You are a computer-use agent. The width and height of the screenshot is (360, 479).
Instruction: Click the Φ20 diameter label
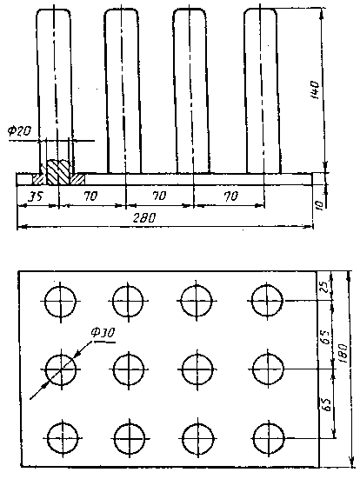tap(19, 131)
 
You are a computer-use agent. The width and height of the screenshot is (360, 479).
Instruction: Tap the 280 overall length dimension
tap(144, 218)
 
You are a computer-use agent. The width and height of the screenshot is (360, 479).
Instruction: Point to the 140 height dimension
tap(315, 90)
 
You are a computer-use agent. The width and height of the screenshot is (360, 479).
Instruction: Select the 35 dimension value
tap(37, 196)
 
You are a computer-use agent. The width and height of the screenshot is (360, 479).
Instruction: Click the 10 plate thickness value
tap(318, 205)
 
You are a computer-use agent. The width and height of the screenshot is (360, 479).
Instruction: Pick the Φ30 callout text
tap(103, 333)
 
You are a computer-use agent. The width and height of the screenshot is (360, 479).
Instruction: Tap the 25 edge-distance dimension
tap(324, 287)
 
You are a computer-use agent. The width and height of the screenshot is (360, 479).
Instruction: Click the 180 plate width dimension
tap(343, 353)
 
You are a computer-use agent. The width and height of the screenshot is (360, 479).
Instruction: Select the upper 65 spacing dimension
tap(326, 336)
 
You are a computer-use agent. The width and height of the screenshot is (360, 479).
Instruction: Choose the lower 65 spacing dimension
tap(326, 404)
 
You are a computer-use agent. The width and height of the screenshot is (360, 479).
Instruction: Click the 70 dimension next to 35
tap(91, 196)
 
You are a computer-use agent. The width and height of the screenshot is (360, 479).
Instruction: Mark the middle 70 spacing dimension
tap(159, 196)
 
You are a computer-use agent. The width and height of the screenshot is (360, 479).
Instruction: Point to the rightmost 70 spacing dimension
tap(230, 196)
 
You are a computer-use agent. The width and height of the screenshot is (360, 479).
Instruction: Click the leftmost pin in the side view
tap(55, 91)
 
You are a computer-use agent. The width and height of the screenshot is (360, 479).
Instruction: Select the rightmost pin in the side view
tap(263, 91)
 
